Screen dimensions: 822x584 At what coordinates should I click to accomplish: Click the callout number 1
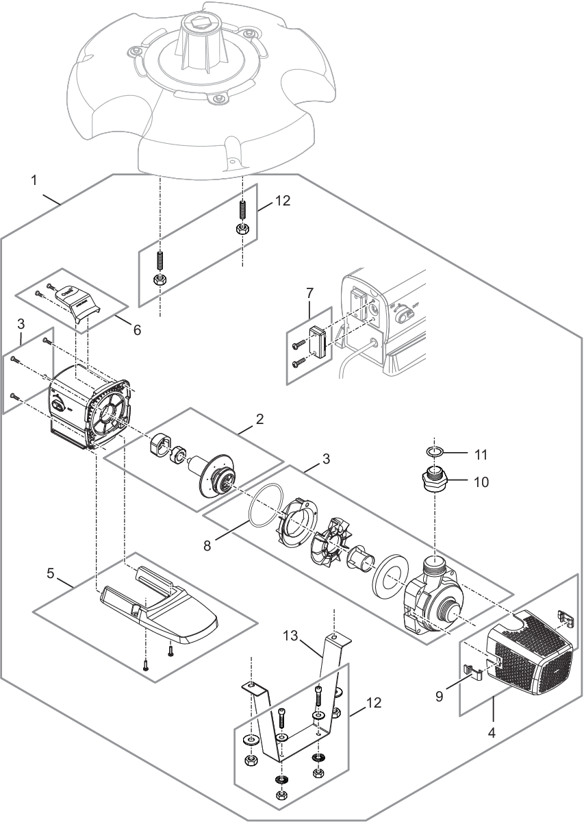[x=35, y=182]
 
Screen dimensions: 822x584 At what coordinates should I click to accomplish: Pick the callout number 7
[x=310, y=292]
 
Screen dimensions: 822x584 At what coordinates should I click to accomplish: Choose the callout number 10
[x=481, y=481]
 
